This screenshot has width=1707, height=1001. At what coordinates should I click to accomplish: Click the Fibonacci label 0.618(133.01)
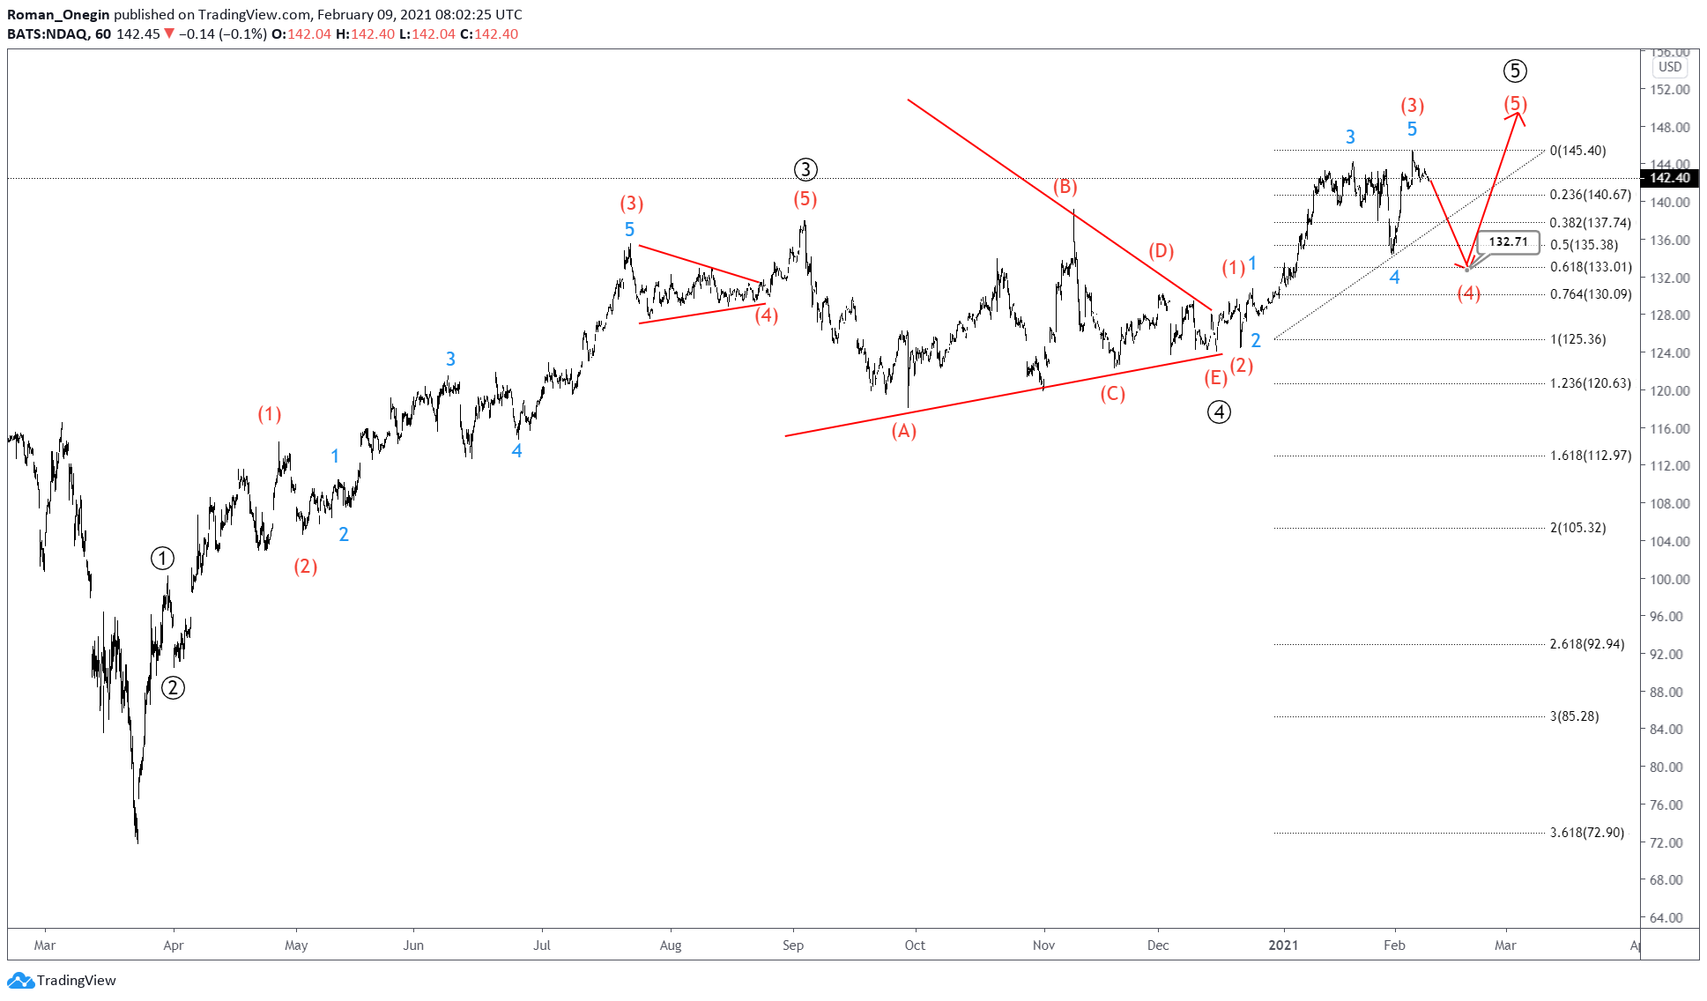click(1591, 267)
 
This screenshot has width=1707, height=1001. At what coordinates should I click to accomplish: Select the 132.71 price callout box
click(1508, 241)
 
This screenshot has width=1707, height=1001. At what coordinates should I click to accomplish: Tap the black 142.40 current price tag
click(1669, 178)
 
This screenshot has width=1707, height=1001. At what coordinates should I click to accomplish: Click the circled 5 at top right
click(1515, 70)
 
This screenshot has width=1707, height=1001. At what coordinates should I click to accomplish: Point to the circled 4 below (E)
click(1219, 412)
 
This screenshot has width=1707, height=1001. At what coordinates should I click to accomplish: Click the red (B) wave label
click(1065, 187)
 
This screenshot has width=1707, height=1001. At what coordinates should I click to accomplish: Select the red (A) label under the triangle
click(903, 431)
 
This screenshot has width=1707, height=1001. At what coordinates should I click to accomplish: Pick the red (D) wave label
click(1161, 251)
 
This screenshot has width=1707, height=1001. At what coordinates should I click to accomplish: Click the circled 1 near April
click(162, 558)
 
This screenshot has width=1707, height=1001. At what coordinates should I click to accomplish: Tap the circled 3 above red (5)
click(805, 169)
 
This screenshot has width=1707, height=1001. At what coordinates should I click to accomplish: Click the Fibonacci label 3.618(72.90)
click(1586, 833)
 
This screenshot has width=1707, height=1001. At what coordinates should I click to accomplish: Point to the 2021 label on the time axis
click(1283, 945)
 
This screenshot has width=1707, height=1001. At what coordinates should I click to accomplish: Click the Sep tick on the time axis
click(793, 945)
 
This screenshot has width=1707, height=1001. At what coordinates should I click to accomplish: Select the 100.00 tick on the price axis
click(1669, 579)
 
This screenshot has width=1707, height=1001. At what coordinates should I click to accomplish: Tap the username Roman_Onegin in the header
click(58, 14)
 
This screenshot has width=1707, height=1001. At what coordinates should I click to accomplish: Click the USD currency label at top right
click(1669, 67)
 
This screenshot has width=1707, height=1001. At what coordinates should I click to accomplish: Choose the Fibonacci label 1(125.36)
click(1577, 339)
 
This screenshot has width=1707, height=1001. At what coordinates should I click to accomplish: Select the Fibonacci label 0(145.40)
click(1577, 151)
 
